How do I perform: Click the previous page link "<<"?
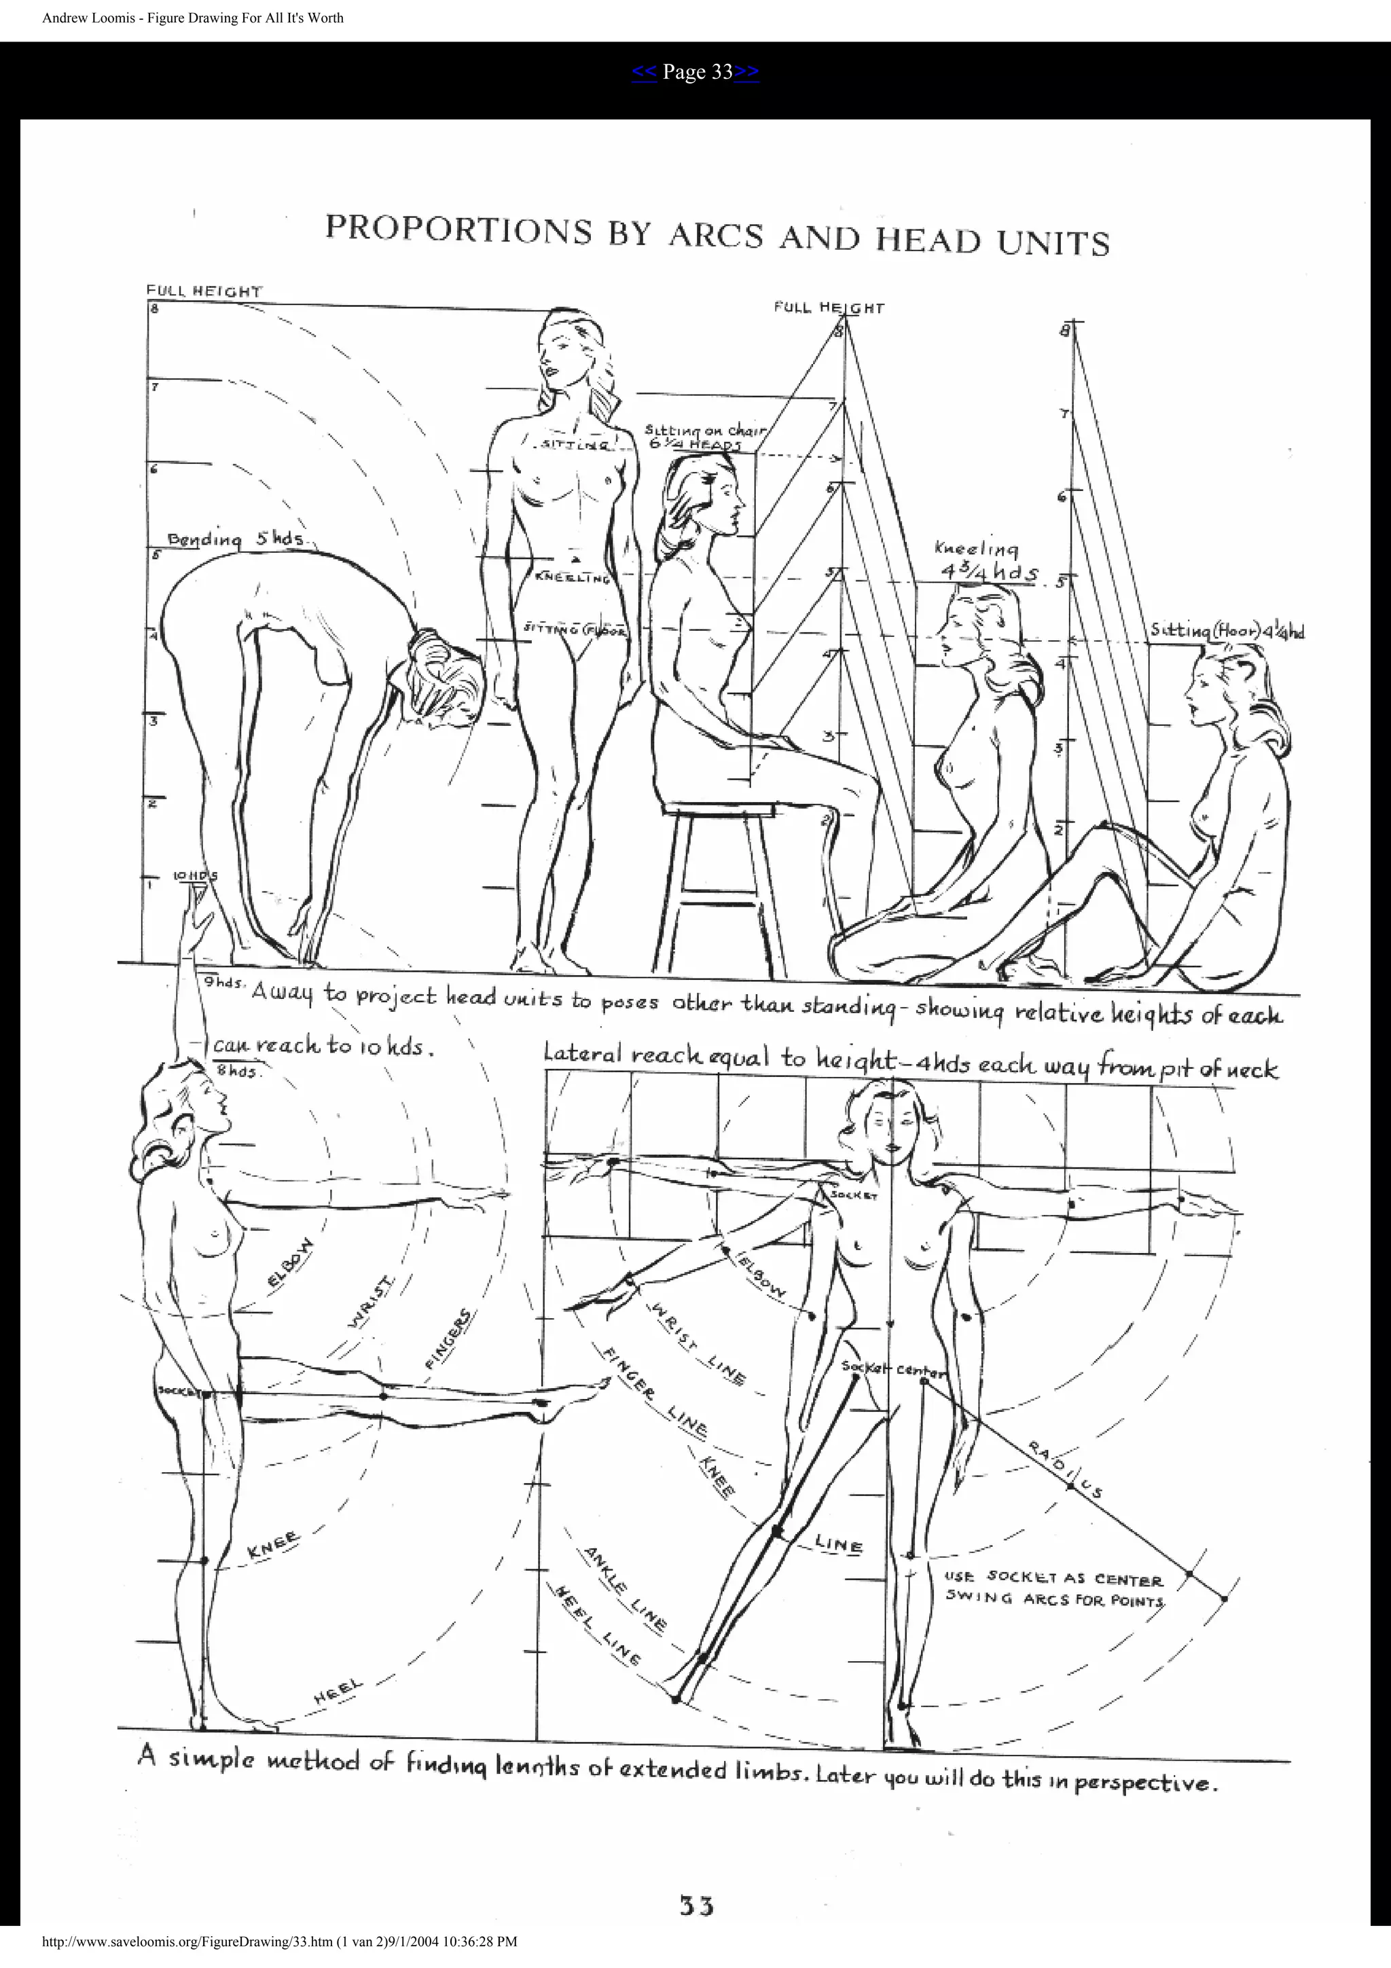click(644, 73)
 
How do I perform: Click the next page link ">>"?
click(746, 73)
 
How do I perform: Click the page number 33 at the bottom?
click(697, 1906)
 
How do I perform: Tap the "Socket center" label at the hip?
click(891, 1369)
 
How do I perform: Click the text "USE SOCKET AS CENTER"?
click(1053, 1577)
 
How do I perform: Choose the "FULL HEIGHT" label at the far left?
click(204, 291)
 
